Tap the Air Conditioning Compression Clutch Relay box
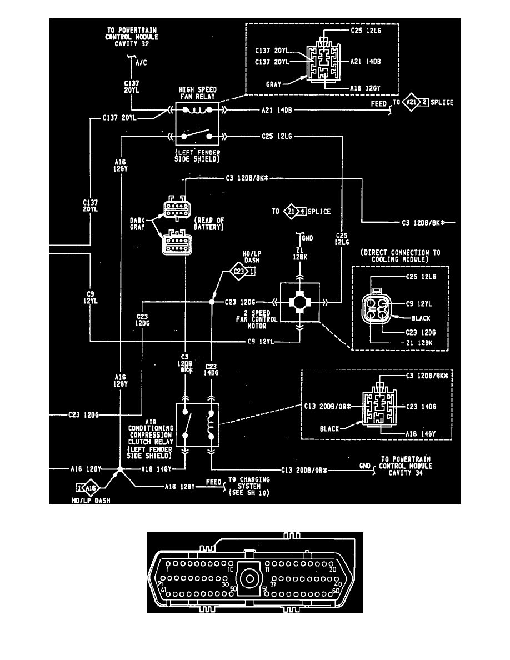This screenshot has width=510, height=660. pyautogui.click(x=198, y=426)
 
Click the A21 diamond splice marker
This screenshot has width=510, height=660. pyautogui.click(x=411, y=103)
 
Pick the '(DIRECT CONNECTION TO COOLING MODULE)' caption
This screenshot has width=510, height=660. pyautogui.click(x=400, y=256)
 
